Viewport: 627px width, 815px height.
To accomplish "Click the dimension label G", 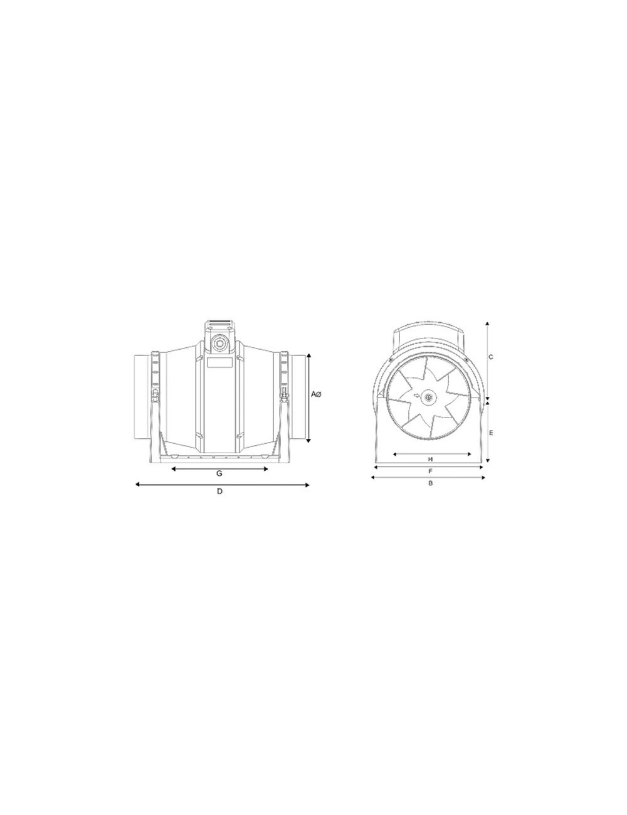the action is [219, 474].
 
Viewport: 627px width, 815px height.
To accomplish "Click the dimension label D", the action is [219, 492].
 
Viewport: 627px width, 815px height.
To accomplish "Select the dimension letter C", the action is [491, 357].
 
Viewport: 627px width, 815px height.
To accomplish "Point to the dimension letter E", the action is [491, 433].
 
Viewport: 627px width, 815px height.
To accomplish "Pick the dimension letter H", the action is [431, 460].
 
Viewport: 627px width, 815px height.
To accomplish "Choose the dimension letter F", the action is [431, 471].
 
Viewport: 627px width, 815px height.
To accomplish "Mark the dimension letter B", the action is [431, 483].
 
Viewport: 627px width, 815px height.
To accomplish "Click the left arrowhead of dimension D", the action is [137, 485].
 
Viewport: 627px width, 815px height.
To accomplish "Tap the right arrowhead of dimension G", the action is [265, 469].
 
